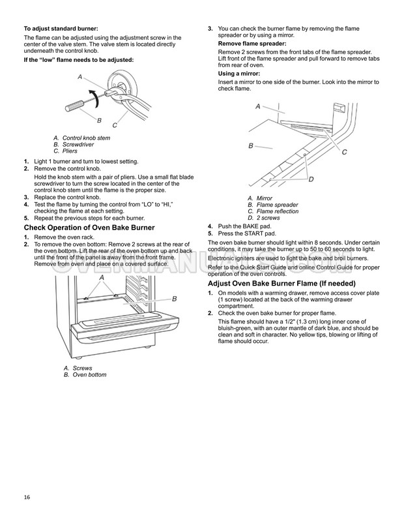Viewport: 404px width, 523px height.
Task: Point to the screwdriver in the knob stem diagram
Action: click(x=76, y=104)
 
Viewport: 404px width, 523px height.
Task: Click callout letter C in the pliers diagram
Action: click(x=115, y=125)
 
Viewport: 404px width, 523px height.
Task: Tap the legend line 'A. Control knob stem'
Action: click(x=81, y=138)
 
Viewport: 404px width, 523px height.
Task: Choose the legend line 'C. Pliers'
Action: click(x=68, y=151)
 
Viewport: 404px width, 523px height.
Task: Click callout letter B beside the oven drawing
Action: click(x=174, y=298)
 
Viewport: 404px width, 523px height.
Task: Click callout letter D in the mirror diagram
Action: click(x=311, y=179)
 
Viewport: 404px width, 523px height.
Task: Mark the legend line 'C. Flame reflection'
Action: click(x=273, y=211)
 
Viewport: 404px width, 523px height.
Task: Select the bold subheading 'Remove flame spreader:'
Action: click(x=251, y=43)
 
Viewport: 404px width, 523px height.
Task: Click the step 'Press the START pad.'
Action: click(x=247, y=233)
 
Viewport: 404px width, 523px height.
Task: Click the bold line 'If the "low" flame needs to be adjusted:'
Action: click(x=78, y=59)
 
